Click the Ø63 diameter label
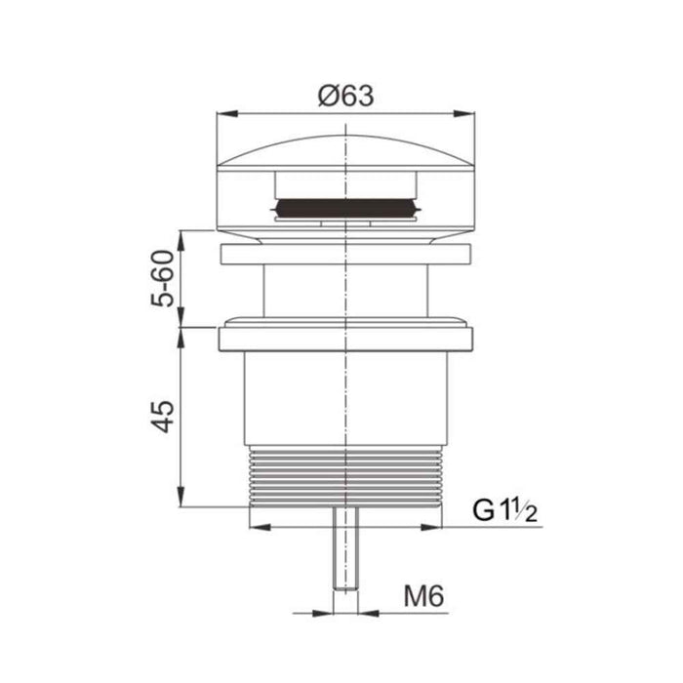pos(345,96)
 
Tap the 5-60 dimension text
pos(163,279)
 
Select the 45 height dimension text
pos(163,417)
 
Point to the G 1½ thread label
pos(504,511)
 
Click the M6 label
pos(423,596)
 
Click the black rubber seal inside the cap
pos(345,207)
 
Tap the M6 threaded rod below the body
pos(345,548)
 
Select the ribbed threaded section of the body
pos(345,476)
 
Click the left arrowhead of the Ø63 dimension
pos(227,114)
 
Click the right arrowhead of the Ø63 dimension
pos(464,114)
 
